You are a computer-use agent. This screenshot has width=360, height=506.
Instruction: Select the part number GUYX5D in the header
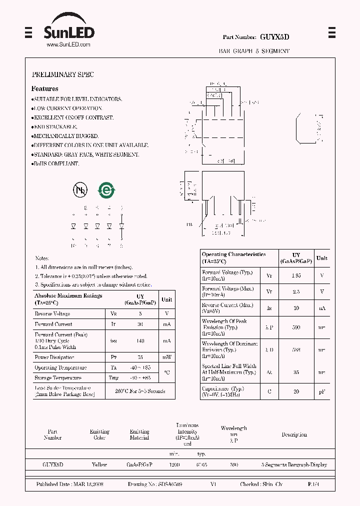click(275, 37)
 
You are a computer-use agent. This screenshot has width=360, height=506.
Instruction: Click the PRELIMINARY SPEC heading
click(63, 74)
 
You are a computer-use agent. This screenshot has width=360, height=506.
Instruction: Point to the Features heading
click(45, 88)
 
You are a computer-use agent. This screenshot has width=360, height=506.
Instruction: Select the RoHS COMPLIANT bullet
click(55, 163)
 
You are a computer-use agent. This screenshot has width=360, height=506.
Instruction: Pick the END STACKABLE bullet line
click(54, 126)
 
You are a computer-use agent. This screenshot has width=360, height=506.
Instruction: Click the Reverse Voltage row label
click(52, 313)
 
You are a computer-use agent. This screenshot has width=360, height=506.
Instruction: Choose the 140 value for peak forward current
click(140, 340)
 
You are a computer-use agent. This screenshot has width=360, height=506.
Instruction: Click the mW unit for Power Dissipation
click(167, 357)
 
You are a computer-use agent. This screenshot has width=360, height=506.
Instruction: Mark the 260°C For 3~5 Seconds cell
click(140, 391)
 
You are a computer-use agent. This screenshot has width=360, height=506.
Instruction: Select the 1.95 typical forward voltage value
click(296, 275)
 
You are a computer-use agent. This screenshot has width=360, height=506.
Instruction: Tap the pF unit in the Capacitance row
click(321, 391)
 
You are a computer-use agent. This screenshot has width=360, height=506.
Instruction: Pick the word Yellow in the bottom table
click(99, 464)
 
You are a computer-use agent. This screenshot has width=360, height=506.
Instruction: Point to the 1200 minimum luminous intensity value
click(174, 464)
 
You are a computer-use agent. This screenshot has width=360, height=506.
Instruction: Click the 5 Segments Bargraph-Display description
click(294, 464)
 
